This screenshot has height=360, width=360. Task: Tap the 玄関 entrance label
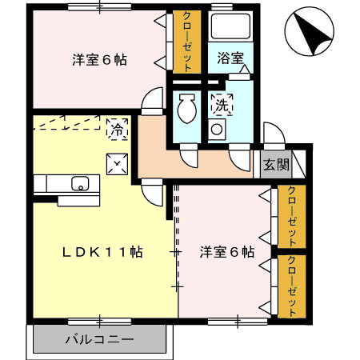point(272,165)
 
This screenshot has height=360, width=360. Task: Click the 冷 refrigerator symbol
point(116,126)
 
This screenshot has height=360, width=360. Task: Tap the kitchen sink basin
point(81,183)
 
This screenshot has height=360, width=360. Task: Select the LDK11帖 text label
point(103,251)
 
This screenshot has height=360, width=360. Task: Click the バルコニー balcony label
point(100,339)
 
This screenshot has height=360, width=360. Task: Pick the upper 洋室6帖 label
point(100,60)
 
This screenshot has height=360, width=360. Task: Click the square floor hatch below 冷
point(118,163)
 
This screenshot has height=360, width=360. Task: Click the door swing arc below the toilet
point(189,157)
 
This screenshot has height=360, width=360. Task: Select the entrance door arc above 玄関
point(272,136)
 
